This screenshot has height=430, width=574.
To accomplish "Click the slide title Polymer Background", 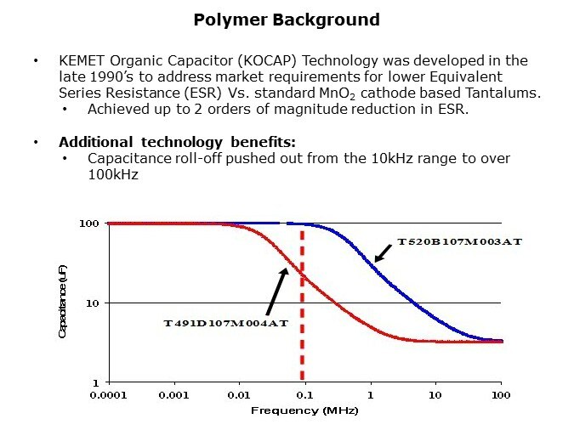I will [x=287, y=19].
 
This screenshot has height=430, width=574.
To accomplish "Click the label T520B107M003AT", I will [x=458, y=242].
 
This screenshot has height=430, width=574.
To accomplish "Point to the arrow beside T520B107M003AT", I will [x=384, y=252].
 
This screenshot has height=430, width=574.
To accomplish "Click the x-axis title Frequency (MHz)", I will [x=304, y=411].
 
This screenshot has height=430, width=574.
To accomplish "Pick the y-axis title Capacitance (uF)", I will [x=62, y=303].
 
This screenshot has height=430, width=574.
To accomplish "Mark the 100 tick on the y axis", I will [x=89, y=223].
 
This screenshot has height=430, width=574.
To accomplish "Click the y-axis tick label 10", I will [x=93, y=303].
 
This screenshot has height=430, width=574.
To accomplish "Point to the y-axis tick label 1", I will [x=96, y=383].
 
